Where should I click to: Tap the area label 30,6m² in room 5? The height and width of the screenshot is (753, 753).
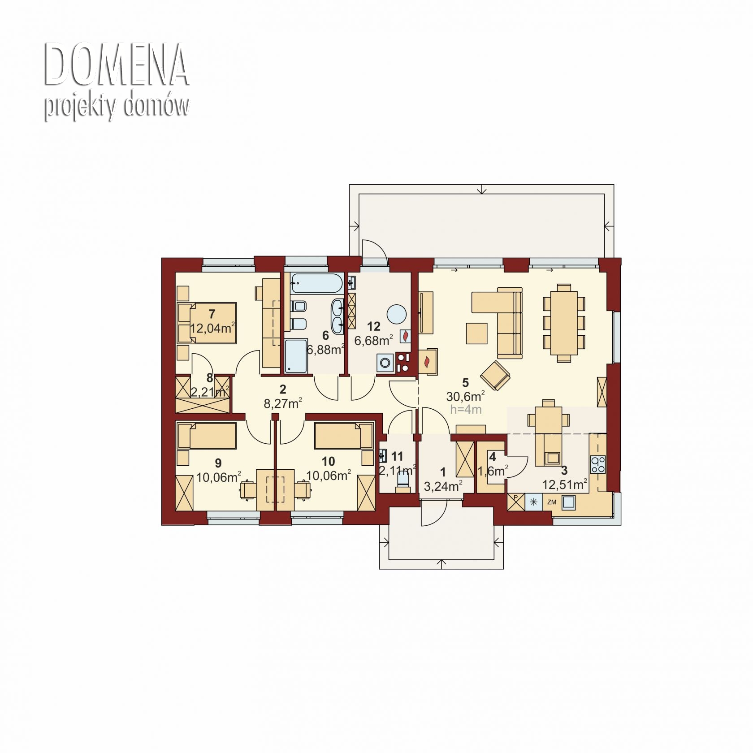465,396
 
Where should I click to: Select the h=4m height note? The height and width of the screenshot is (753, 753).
466,409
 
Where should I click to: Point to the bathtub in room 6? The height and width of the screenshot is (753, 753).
316,283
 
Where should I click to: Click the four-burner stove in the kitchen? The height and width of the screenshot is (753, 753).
597,464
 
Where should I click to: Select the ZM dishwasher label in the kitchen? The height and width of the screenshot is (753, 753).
552,502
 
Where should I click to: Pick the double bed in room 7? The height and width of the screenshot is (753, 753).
207,323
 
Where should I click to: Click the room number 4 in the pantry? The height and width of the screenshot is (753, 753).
493,457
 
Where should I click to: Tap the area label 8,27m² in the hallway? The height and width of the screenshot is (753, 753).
282,403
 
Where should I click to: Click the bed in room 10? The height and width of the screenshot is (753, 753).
344,435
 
